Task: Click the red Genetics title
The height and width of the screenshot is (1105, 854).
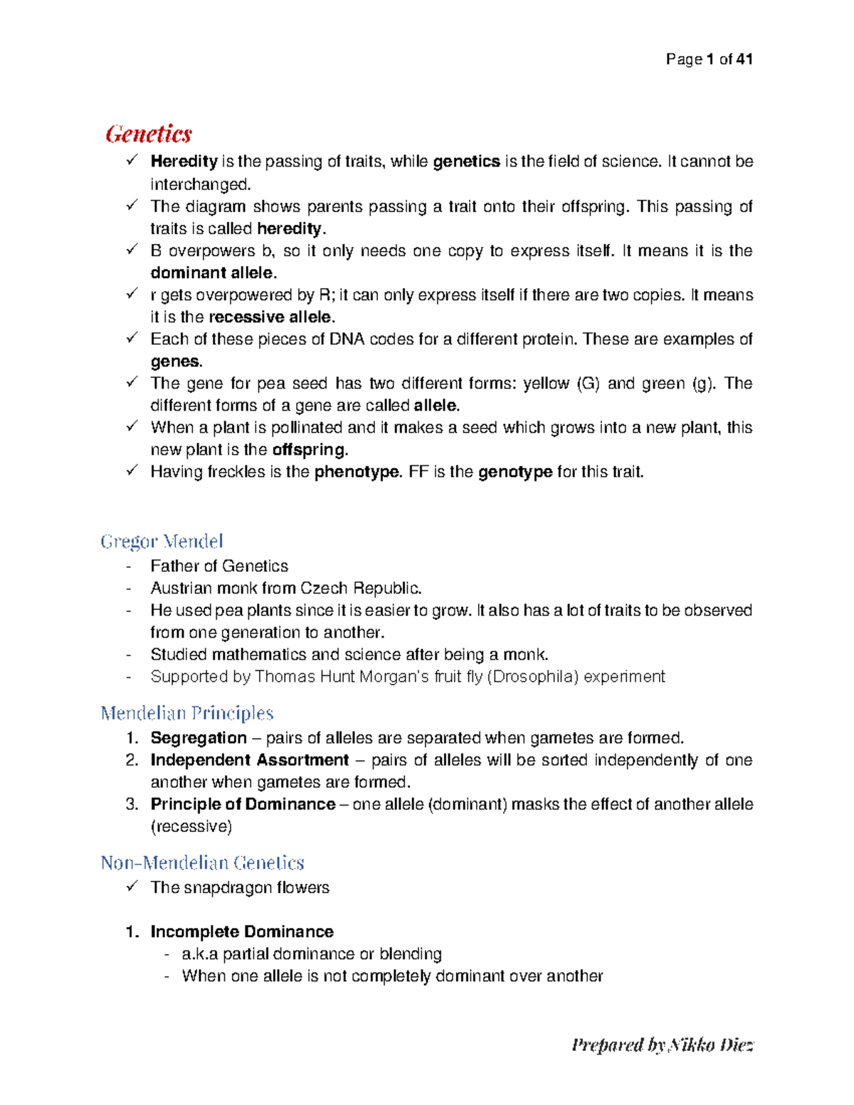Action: tap(149, 134)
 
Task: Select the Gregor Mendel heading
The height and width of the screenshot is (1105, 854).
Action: tap(162, 541)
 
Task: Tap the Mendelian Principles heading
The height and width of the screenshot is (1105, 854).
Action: tap(187, 713)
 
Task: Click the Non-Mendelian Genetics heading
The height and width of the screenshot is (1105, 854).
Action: tap(202, 862)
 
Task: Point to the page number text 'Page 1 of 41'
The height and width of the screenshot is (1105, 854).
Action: tap(709, 60)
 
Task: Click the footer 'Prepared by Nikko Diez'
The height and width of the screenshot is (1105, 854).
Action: tap(662, 1045)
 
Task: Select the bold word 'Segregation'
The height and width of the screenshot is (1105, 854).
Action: tap(199, 738)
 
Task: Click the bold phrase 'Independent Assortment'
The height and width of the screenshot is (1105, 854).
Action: tap(250, 760)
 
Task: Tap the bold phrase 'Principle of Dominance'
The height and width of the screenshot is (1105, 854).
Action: tap(243, 804)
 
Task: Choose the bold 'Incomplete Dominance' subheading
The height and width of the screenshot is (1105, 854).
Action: tap(241, 931)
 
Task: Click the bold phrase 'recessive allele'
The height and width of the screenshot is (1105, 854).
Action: tap(270, 317)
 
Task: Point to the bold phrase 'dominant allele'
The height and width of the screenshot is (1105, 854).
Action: tap(211, 273)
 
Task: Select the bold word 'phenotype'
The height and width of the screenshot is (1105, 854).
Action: tap(357, 472)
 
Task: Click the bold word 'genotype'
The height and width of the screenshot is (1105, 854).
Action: tap(515, 472)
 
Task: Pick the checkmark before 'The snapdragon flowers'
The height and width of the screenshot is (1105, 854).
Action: tap(132, 887)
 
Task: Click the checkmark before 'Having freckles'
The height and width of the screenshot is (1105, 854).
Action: tap(132, 471)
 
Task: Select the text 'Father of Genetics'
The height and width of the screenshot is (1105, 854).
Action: tap(219, 566)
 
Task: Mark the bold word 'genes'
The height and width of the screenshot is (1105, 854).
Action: tap(175, 361)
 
